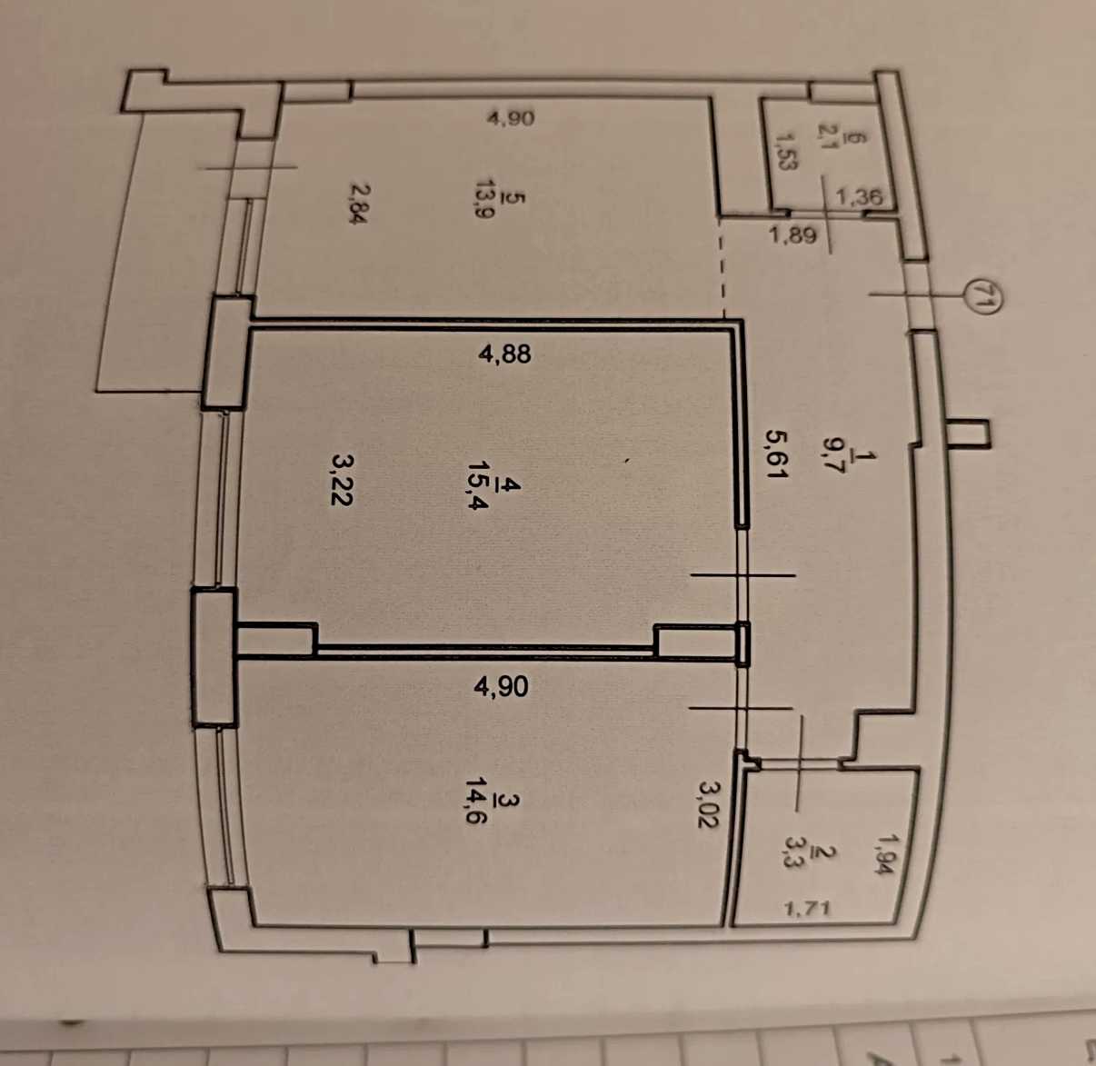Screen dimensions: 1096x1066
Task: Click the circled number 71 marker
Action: click(x=981, y=296)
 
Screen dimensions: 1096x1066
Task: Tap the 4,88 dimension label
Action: click(x=504, y=354)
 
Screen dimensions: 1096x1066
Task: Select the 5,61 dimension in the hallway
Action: click(x=777, y=454)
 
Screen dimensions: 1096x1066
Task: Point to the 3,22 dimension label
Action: click(x=342, y=481)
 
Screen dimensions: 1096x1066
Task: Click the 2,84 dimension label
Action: click(x=358, y=204)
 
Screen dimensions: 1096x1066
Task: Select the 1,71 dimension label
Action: click(x=808, y=908)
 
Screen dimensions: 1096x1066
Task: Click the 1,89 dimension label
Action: click(x=793, y=234)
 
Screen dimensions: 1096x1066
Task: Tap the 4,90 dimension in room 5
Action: click(x=510, y=118)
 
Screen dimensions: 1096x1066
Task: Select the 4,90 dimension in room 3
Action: click(x=502, y=686)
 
